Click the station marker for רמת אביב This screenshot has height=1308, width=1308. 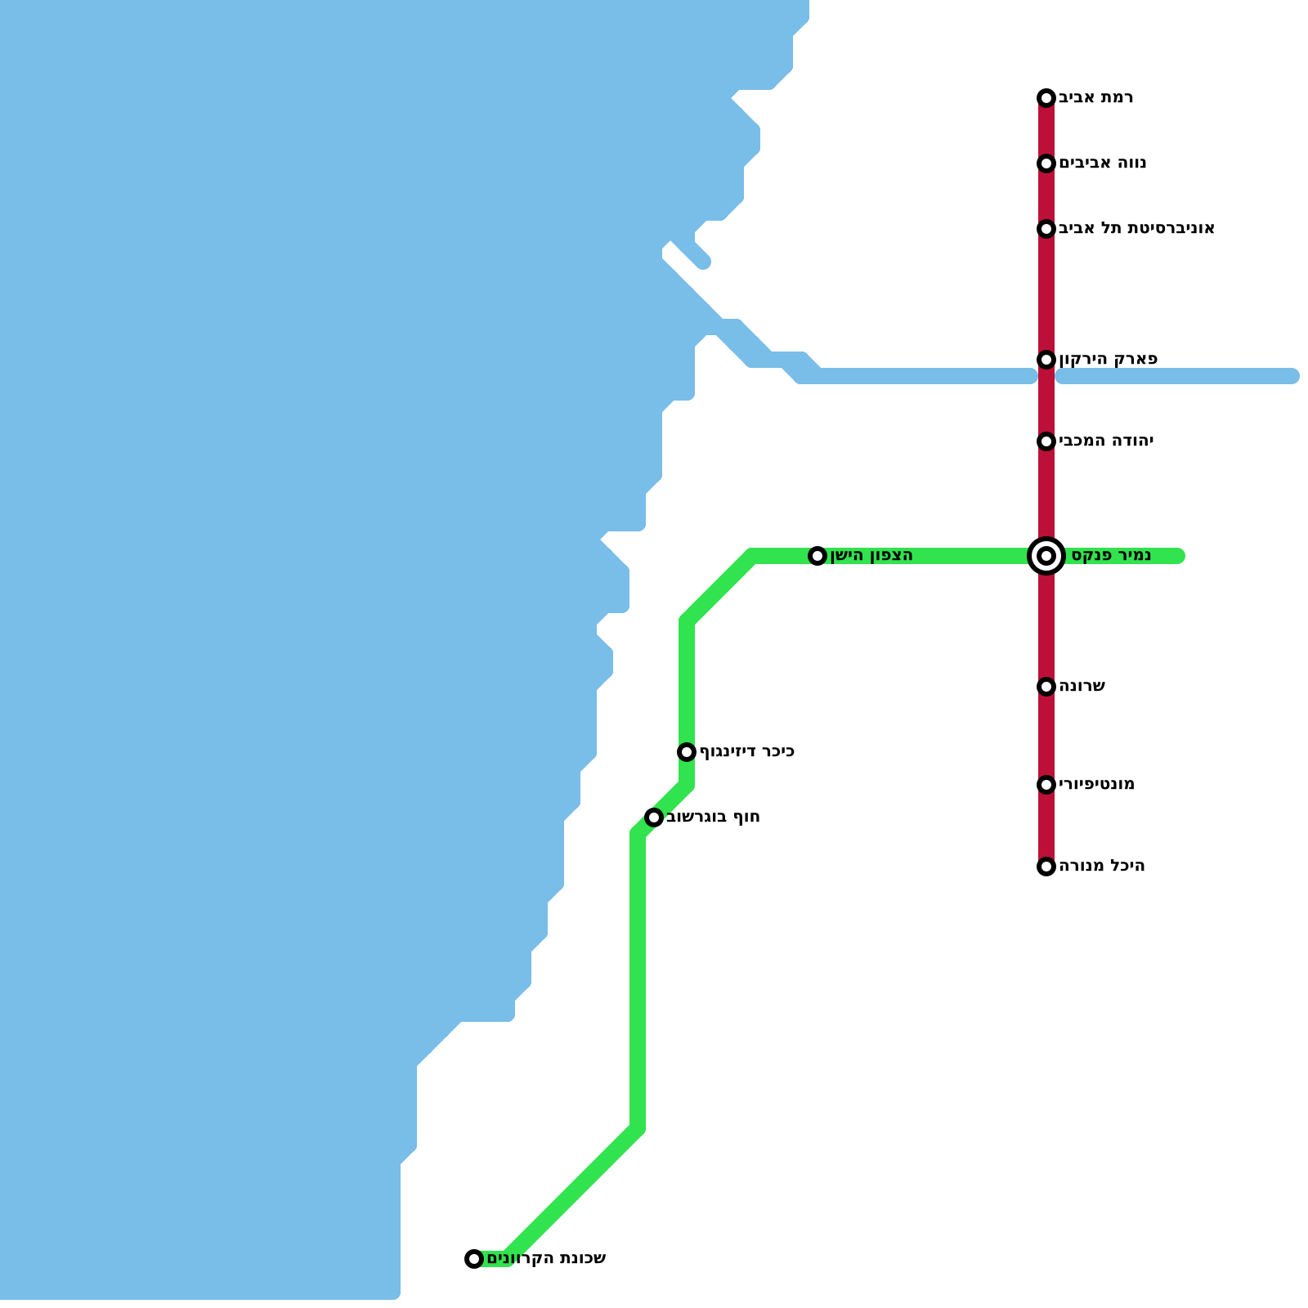1046,98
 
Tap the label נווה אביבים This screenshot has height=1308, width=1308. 1102,163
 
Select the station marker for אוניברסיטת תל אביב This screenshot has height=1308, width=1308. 1046,229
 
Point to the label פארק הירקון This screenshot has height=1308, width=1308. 1108,360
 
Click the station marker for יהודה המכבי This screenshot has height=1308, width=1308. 1046,441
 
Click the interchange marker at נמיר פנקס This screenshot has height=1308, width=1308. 1046,556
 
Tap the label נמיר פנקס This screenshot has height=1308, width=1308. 1111,556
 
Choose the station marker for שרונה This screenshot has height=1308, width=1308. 1046,687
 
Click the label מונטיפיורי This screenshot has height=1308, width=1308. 1096,785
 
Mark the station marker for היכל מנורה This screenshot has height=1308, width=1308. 1046,867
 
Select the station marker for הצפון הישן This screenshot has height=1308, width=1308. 817,556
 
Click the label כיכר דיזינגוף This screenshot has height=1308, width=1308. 747,752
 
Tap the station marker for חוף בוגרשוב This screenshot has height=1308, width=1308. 654,817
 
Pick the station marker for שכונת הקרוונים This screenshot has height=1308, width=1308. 474,1259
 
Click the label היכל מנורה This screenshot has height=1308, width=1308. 1101,867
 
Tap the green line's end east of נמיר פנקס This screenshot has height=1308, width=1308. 1179,556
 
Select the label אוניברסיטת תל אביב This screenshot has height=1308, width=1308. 1136,229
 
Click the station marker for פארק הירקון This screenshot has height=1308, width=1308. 1046,360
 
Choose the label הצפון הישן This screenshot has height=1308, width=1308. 871,556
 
